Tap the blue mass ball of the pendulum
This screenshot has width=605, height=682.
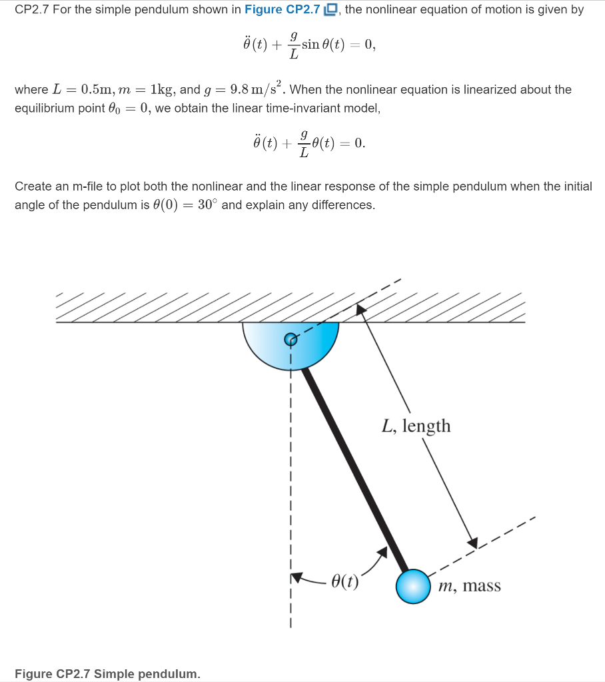(414, 586)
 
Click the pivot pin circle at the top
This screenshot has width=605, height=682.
(291, 339)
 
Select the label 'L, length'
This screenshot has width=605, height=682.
(416, 426)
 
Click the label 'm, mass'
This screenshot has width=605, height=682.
(470, 586)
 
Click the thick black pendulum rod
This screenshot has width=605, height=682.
(353, 466)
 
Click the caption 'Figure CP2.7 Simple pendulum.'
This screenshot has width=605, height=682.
(107, 673)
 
